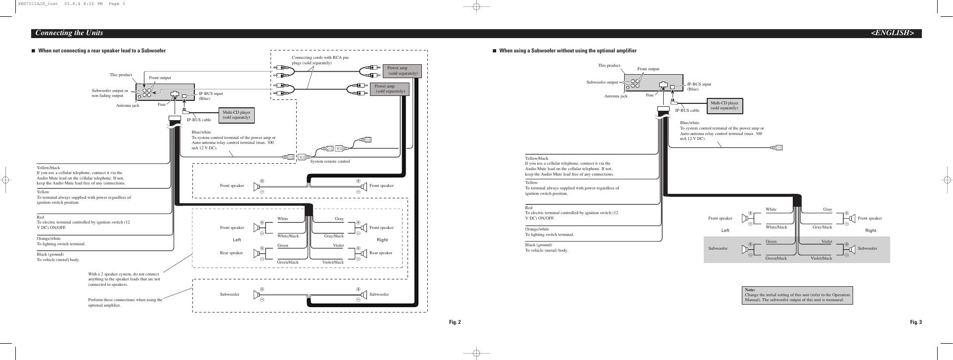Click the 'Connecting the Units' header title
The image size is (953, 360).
[69, 33]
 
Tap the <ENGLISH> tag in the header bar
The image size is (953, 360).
[892, 33]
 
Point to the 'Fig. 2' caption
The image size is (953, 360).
[454, 322]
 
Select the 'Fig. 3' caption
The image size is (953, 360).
[916, 322]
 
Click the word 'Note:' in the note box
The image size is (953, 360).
[750, 290]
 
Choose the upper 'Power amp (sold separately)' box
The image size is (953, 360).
[402, 71]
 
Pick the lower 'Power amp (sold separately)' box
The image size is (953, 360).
[390, 89]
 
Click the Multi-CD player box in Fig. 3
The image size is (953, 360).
[724, 105]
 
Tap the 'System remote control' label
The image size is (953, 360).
[330, 162]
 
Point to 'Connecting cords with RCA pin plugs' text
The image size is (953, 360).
[320, 60]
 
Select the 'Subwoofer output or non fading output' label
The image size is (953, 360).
[110, 93]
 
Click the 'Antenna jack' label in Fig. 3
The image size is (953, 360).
[616, 96]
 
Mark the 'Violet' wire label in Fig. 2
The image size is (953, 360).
[338, 245]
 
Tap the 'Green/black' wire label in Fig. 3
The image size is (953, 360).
[776, 258]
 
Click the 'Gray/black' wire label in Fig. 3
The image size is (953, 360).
[822, 227]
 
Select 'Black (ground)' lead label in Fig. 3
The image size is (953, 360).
[538, 245]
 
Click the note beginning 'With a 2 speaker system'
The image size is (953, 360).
[124, 279]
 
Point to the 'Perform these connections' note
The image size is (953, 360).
[125, 302]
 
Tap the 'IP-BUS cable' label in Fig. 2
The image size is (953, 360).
[199, 120]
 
